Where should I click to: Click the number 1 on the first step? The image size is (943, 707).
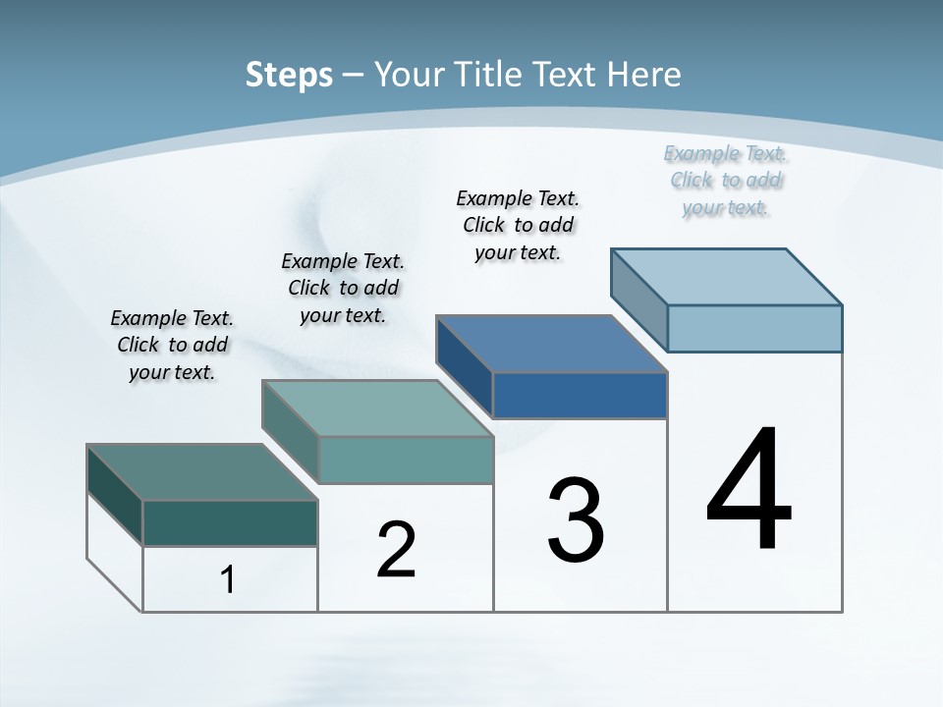[228, 579]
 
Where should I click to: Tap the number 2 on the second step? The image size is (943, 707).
[396, 550]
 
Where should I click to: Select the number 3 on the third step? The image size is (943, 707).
[576, 519]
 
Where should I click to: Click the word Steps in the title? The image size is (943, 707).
[289, 75]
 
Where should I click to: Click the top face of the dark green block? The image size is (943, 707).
[201, 472]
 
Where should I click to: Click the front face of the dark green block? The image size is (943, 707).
[230, 523]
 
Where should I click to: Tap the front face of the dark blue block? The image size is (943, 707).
[580, 396]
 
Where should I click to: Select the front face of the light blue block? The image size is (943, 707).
[754, 328]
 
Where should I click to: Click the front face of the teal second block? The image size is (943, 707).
[406, 460]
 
